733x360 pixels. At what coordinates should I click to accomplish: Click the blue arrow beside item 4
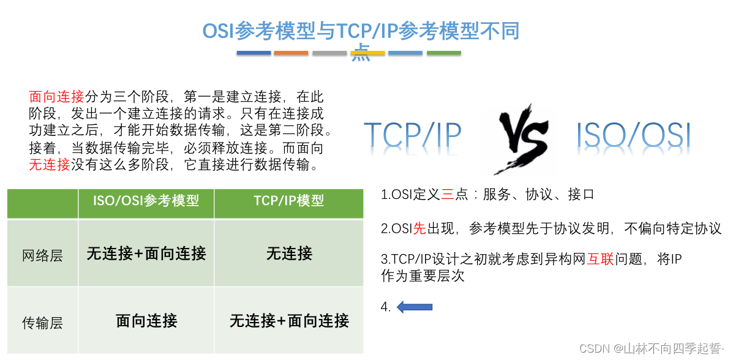click(x=415, y=307)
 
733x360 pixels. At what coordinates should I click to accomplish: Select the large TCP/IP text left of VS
click(x=413, y=135)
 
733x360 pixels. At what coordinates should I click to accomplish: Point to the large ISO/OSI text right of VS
click(x=634, y=135)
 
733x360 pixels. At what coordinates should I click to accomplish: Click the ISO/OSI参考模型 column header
click(x=146, y=201)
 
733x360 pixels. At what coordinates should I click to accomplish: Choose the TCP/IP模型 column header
click(x=289, y=201)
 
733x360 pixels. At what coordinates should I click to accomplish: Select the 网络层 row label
click(x=42, y=255)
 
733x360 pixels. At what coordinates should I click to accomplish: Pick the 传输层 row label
click(x=42, y=322)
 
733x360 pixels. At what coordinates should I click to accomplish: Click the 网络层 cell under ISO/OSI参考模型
click(x=146, y=253)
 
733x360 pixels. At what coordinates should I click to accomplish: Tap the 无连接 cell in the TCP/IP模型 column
click(x=289, y=253)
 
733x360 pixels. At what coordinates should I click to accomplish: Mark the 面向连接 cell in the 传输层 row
click(x=146, y=320)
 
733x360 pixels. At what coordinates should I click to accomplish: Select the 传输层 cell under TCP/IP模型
click(x=289, y=320)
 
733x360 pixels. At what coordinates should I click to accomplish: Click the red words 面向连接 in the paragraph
click(x=56, y=97)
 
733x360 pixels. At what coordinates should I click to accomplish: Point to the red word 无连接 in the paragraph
click(x=50, y=165)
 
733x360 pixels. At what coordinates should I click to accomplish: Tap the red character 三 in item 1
click(x=447, y=195)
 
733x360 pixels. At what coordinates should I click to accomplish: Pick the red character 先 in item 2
click(x=419, y=229)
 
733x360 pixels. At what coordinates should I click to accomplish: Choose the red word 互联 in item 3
click(x=601, y=260)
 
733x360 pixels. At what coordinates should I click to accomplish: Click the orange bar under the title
click(x=291, y=53)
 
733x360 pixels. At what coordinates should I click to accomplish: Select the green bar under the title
click(x=444, y=53)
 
